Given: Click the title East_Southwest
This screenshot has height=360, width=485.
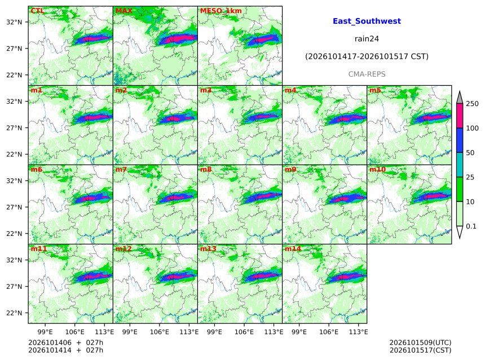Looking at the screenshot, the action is point(367,21).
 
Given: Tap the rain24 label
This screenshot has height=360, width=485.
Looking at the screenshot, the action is point(367,39).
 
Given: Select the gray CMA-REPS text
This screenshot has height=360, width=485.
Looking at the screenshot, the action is point(367,74).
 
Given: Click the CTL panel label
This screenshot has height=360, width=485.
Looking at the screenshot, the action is point(37,11).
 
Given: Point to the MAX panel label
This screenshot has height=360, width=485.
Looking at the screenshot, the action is point(124,11).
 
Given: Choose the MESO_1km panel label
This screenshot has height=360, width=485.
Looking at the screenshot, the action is point(221,11).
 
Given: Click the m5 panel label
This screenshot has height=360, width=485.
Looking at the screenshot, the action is point(375,90).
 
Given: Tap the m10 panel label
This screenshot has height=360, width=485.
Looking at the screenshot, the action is point(377,169).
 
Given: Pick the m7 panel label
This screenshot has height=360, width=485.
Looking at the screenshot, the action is point(121,169).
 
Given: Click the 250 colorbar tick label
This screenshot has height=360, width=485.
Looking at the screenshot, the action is point(472,104).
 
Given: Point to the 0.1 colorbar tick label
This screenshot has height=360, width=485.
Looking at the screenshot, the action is point(471,226).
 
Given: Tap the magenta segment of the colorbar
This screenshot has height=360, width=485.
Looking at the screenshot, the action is point(460,116).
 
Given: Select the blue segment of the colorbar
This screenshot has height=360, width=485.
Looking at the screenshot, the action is point(460,141).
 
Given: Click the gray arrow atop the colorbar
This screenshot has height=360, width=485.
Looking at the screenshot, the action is point(460,97).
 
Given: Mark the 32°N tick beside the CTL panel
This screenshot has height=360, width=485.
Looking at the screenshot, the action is point(14,22).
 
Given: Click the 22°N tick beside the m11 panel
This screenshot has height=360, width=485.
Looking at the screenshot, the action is point(14,313).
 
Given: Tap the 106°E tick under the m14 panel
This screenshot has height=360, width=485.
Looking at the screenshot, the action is point(328,332).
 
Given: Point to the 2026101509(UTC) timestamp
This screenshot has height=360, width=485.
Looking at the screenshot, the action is point(420,343).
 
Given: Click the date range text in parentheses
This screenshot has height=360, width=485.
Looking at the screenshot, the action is point(367,56).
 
